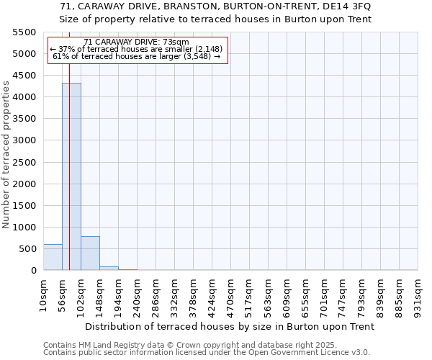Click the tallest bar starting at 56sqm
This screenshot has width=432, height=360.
(x=71, y=176)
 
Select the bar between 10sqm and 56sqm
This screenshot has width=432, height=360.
(x=53, y=257)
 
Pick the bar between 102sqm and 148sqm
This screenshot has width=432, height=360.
(x=90, y=253)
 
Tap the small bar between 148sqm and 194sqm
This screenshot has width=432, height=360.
(x=109, y=268)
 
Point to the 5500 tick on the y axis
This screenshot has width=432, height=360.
(x=23, y=32)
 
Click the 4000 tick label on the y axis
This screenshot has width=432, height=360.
(x=23, y=97)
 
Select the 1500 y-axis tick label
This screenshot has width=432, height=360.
(x=23, y=205)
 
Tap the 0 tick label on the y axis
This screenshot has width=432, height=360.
(x=32, y=271)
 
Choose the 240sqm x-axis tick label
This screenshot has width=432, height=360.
(x=137, y=296)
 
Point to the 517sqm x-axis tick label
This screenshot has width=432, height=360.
(x=249, y=296)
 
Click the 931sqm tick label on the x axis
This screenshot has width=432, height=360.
(x=418, y=296)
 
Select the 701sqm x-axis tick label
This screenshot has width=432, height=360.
(x=324, y=296)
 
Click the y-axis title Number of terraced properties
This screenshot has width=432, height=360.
(x=6, y=155)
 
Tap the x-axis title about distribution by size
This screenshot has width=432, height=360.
(x=230, y=326)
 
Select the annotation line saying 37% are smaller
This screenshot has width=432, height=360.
(x=137, y=49)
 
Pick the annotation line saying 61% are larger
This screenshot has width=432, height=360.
(x=137, y=56)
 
